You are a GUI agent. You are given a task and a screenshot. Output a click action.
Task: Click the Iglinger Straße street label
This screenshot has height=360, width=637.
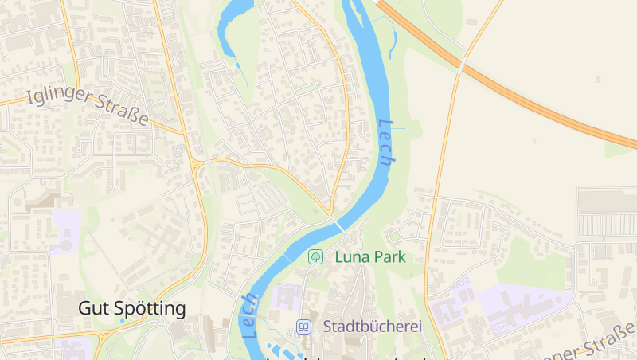pyautogui.click(x=88, y=106)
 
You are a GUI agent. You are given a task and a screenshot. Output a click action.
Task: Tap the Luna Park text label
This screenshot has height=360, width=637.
pyautogui.click(x=370, y=256)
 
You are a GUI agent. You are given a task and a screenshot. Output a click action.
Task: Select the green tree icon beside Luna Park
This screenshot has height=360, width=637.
pyautogui.click(x=316, y=256)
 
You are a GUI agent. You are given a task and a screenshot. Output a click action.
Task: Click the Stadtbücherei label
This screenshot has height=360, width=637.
pyautogui.click(x=372, y=327)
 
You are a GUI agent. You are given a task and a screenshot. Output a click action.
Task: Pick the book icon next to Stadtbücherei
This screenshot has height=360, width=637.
pyautogui.click(x=303, y=327)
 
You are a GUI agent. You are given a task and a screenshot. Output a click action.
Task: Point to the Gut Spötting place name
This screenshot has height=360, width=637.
pyautogui.click(x=132, y=308)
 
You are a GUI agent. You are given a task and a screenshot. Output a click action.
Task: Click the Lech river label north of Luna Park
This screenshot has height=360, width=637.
pyautogui.click(x=386, y=142)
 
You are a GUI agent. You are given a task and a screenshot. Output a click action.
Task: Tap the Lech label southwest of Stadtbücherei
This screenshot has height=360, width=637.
pyautogui.click(x=250, y=315)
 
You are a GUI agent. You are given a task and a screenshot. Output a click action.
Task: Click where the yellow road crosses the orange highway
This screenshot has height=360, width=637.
pyautogui.click(x=462, y=64)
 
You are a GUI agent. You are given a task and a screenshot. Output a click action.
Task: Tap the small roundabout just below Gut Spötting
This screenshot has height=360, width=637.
pyautogui.click(x=160, y=322)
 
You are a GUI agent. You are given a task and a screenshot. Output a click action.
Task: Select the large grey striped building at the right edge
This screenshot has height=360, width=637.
pyautogui.click(x=608, y=213)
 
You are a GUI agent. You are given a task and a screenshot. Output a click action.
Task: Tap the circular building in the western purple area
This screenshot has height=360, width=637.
pyautogui.click(x=64, y=245)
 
